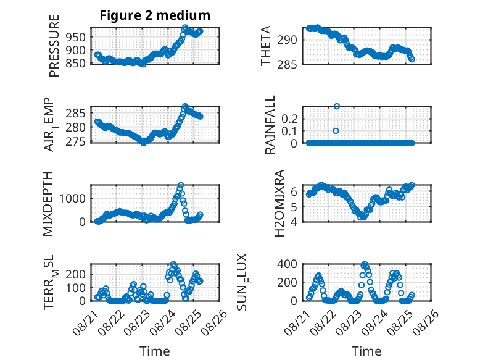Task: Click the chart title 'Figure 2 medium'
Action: point(155,15)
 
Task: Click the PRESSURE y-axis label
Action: point(54,46)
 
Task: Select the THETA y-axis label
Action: point(266,46)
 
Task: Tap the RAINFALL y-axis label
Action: point(270,125)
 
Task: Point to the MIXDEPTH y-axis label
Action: point(48,204)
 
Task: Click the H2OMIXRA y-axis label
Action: point(279,203)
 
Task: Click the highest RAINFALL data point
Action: point(337,106)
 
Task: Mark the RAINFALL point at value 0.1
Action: point(336,131)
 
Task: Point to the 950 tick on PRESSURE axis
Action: point(75,37)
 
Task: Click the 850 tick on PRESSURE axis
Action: point(75,64)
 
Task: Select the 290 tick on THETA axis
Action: point(287,40)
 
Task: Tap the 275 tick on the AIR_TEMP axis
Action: point(75,141)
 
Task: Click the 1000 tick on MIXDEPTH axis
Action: point(72,199)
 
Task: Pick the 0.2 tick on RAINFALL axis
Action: point(289,119)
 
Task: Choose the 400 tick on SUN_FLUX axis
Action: point(287,264)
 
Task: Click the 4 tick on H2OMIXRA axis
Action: point(294,222)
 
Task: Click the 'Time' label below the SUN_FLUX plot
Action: point(366,351)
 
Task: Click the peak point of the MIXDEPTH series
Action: point(181,185)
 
